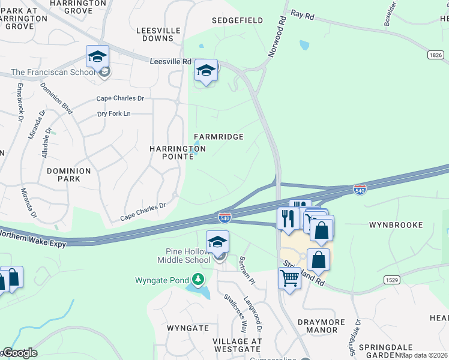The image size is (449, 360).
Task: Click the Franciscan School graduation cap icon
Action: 97,58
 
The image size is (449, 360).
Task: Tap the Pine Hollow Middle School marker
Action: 217,243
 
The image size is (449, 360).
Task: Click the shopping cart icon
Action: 290,279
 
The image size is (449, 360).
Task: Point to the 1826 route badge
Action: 436,55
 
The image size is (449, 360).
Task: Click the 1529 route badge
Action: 393,280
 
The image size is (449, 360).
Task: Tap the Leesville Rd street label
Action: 170,61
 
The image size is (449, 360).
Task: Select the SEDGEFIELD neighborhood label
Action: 238,20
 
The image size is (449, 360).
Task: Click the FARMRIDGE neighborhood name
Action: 218,137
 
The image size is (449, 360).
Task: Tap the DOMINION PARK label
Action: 69,175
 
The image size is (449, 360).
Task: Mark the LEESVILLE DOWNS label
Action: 155,34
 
